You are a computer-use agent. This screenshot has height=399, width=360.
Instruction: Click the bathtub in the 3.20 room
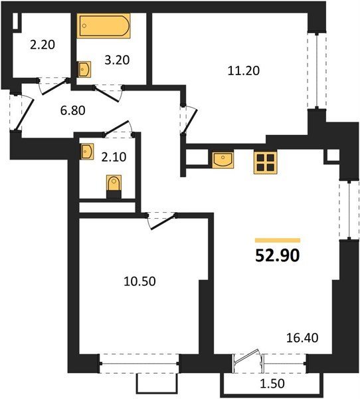(x=104, y=26)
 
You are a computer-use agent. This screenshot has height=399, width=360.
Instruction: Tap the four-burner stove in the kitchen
(x=265, y=163)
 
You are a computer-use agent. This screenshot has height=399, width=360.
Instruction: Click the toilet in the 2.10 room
(x=114, y=186)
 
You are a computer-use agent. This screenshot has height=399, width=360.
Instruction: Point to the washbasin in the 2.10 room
(x=87, y=152)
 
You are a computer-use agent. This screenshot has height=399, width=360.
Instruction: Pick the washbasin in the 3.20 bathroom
(x=84, y=68)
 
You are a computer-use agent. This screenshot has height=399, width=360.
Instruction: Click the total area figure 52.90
(x=278, y=255)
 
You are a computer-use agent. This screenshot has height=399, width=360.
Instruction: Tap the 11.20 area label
(x=244, y=70)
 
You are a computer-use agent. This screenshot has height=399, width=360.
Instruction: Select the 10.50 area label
(x=139, y=281)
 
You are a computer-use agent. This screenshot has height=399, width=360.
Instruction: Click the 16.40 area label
(x=302, y=338)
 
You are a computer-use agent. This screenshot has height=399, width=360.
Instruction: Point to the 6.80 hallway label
(x=72, y=110)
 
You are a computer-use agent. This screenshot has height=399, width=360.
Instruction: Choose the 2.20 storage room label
(x=43, y=45)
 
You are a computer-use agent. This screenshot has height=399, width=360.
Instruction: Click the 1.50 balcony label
(x=272, y=383)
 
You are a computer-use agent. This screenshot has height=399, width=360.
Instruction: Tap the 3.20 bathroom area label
(x=117, y=60)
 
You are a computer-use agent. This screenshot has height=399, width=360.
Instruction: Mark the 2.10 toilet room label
(x=114, y=157)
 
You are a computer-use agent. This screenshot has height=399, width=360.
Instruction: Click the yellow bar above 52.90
(x=278, y=240)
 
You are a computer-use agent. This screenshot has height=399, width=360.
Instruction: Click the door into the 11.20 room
(x=190, y=122)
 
